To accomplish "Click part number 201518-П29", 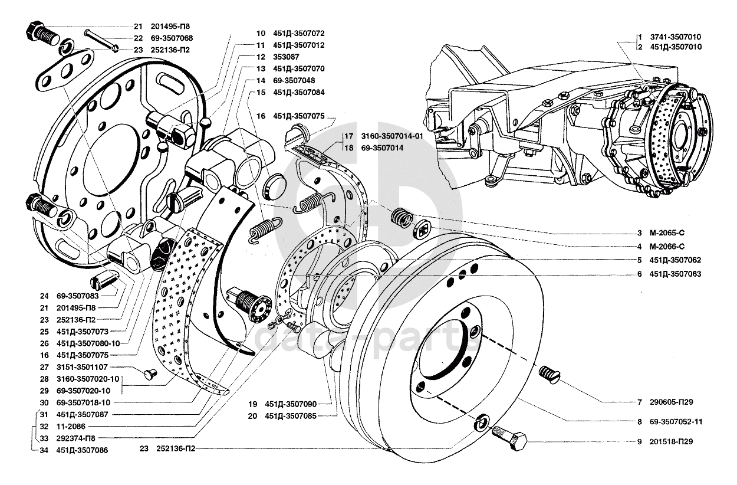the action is [671, 441].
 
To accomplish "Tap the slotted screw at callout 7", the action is [549, 375].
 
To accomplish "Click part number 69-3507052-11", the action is [676, 422].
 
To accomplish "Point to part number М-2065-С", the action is [667, 233].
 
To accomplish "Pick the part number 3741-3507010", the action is [676, 37].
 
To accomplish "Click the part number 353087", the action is [286, 57].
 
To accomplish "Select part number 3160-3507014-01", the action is [392, 136].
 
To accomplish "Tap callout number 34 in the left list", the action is [44, 450].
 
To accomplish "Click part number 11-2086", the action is [71, 427].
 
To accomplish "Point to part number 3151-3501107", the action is [82, 367].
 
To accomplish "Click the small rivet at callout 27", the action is [151, 373].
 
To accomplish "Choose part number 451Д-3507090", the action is [291, 404].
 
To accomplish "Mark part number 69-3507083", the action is [78, 296].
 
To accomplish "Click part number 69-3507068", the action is [172, 38].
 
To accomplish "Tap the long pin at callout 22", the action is [101, 41].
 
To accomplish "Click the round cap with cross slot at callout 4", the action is [422, 228].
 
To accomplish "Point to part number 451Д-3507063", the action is [675, 274].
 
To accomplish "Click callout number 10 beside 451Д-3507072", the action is [261, 33].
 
